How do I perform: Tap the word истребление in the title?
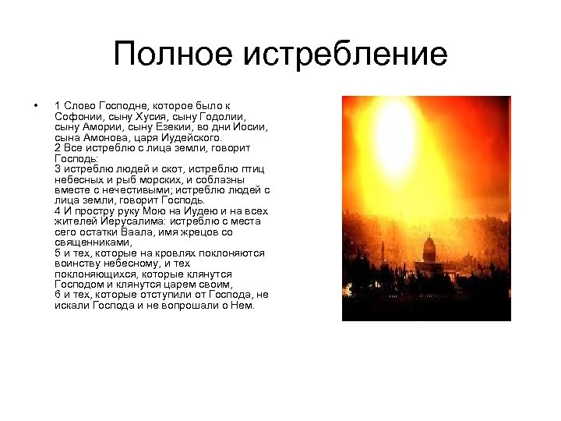(346, 55)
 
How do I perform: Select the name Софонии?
(76, 116)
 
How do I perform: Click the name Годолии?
(221, 116)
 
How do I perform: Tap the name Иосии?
(251, 126)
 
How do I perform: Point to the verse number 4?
(58, 211)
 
